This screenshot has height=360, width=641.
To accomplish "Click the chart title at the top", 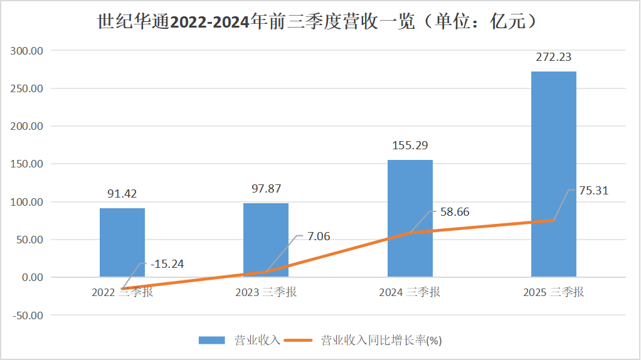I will coord(320,22).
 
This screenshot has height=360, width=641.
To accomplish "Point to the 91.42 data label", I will coord(122,194).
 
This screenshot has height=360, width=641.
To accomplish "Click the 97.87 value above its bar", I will coord(266,189).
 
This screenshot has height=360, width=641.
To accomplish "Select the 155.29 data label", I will coord(410,146).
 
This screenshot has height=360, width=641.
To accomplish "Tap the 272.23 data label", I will coord(554,57).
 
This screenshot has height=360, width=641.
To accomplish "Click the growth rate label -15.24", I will coord(167,264).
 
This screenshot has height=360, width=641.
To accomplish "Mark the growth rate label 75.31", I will coord(593,191).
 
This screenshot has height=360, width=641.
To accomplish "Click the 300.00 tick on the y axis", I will coord(28,50).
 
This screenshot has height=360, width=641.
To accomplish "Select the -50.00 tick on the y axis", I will coord(28,315).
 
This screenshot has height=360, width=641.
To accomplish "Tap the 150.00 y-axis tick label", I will coord(28,164).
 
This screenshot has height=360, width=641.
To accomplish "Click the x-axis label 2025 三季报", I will coord(554,292).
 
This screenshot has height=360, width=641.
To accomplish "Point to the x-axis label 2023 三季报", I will coord(266,292).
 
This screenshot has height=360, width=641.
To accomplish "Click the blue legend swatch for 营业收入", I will coord(211,340).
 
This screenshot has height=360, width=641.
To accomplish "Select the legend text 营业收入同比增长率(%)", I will coord(381,340).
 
